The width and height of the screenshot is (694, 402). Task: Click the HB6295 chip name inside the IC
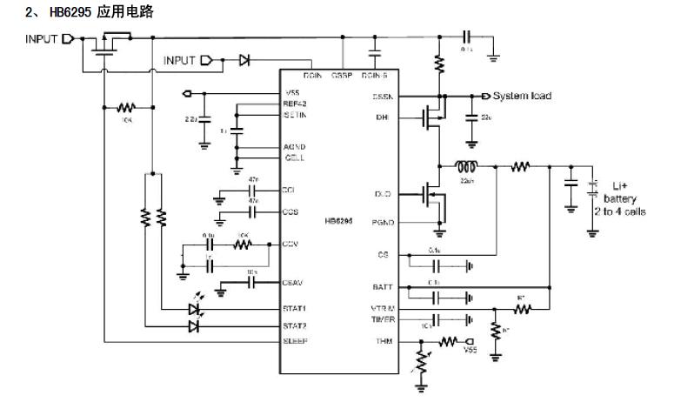[338, 221]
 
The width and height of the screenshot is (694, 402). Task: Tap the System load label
[522, 96]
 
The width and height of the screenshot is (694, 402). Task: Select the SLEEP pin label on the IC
[296, 341]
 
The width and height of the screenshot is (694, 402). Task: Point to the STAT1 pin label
[295, 308]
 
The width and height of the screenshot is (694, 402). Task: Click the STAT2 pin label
[295, 325]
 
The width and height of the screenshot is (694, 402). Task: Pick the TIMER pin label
[383, 319]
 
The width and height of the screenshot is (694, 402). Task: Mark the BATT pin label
[384, 286]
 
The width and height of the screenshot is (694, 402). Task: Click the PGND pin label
[383, 223]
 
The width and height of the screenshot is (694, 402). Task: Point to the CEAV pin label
[294, 282]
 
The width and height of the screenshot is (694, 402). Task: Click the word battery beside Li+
[621, 199]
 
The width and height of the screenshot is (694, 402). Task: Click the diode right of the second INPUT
[244, 61]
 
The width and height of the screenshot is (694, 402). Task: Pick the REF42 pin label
[296, 104]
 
